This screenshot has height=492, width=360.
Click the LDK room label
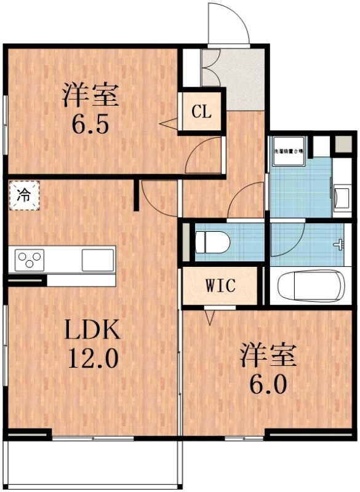pos(92,330)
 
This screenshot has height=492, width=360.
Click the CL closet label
pos(201,112)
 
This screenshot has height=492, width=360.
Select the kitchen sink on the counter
pos(97,260)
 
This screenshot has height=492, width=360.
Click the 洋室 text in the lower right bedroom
pos(268,356)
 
